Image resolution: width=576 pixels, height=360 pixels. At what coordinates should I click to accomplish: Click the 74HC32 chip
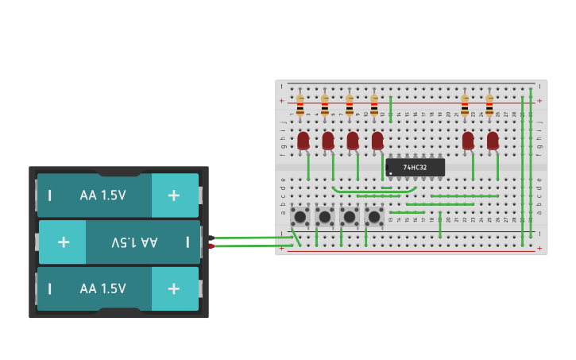pos(415,167)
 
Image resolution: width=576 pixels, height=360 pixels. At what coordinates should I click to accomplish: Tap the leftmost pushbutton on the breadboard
pos(300,216)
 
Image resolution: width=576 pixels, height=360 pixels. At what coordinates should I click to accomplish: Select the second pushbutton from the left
pos(324,216)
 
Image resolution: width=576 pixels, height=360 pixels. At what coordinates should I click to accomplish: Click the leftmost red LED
pos(303,141)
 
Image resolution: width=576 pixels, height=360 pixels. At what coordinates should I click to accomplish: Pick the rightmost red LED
pos(493,141)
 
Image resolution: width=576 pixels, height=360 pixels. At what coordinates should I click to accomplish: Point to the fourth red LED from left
pos(377,141)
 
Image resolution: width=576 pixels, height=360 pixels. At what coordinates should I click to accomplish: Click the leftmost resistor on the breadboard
pos(300,105)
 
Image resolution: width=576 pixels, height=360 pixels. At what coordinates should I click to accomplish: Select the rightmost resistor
pos(489,105)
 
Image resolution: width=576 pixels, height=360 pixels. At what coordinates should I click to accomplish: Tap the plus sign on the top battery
pos(173,195)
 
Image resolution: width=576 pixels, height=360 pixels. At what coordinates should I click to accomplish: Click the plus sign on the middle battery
pos(64,242)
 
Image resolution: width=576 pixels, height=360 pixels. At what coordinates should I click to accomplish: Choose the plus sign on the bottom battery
pos(173,288)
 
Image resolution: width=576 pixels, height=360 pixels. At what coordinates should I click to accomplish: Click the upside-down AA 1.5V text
pos(134,242)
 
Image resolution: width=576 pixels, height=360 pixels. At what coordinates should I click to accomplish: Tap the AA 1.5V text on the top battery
pos(102,195)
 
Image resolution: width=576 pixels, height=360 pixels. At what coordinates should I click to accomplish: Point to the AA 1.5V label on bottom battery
pos(102,288)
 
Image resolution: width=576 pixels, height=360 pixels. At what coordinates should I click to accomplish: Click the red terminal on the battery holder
pos(211,246)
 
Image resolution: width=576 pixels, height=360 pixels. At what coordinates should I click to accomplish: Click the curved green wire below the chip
pos(373,192)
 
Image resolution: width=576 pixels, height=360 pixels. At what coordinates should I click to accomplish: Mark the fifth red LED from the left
pos(468,141)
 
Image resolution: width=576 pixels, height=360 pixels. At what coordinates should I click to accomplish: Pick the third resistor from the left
pos(350,105)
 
